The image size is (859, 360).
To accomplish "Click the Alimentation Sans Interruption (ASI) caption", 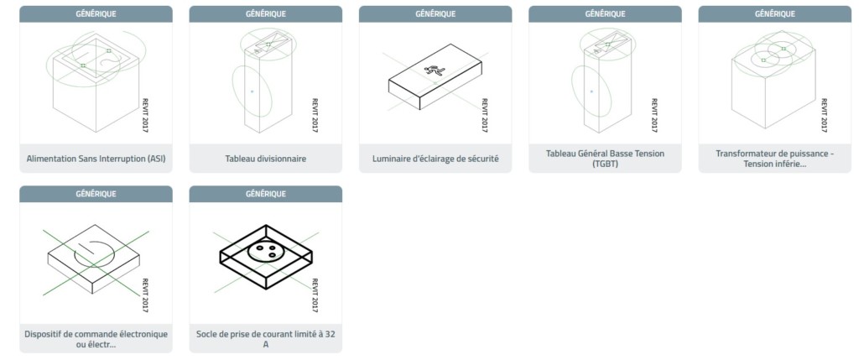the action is [x=96, y=159].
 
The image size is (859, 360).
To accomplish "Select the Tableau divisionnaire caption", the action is [x=266, y=159].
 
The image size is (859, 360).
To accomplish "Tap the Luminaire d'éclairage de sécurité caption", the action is [x=435, y=159].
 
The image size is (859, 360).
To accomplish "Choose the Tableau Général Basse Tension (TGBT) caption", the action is [x=605, y=159].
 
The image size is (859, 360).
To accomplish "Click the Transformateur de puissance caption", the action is [x=774, y=159].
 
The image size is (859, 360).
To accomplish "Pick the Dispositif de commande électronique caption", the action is [x=96, y=339].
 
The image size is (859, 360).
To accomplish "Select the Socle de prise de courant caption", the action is [x=266, y=339].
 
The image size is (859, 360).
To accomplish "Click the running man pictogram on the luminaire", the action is [x=435, y=70].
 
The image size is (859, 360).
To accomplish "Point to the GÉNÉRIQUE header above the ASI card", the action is [x=96, y=13].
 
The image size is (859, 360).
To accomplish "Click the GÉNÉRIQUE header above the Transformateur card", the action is [x=774, y=13].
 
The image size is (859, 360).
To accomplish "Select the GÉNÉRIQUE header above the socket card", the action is [x=266, y=194].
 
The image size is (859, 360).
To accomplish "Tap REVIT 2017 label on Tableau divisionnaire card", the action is [x=315, y=115].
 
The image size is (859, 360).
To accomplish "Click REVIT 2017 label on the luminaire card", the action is [x=485, y=115].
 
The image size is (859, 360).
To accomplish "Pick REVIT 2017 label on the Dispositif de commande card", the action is [x=145, y=295].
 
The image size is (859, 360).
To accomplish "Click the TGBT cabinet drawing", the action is [x=603, y=82].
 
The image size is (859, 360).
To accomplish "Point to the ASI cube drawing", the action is [x=96, y=82].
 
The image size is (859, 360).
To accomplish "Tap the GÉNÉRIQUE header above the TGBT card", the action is [x=605, y=13].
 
